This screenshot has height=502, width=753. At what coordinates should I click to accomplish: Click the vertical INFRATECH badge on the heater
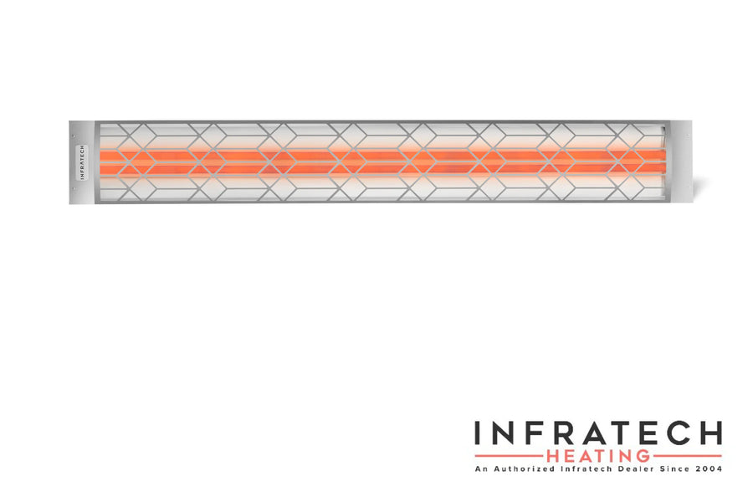[82, 162]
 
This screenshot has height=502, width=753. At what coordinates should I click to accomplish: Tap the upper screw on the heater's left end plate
[73, 136]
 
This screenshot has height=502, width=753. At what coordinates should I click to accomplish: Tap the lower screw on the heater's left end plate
[73, 189]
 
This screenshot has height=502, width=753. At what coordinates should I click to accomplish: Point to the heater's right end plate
[681, 161]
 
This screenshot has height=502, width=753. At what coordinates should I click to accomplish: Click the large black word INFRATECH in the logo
[598, 433]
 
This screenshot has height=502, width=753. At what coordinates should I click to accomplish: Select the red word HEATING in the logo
[598, 456]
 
